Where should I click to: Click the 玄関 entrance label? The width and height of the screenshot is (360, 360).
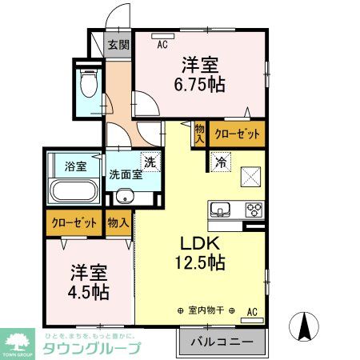[118, 44]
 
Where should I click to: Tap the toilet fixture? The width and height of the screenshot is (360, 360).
[87, 82]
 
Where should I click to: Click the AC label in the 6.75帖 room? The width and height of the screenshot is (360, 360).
[163, 46]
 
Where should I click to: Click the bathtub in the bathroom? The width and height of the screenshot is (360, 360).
[73, 193]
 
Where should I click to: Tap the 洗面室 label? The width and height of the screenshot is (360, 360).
[126, 174]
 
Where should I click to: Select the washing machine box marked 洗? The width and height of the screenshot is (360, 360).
[148, 160]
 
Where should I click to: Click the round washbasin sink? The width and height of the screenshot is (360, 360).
[123, 198]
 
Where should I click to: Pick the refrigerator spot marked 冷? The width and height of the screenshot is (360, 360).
[219, 160]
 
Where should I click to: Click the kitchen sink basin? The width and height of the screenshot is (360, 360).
[220, 210]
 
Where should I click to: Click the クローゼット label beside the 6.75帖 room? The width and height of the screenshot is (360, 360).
[238, 135]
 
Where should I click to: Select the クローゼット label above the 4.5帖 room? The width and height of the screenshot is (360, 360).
[74, 223]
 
